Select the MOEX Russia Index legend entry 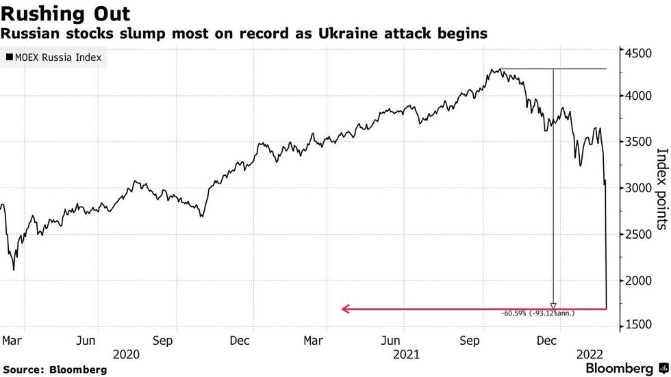coord(53,57)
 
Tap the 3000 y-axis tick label coord(637,188)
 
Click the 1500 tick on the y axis coord(637,327)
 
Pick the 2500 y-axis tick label coord(637,235)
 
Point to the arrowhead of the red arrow coord(344,309)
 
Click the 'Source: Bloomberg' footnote coord(54,369)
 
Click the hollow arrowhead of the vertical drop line coord(553,306)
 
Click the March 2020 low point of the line coord(14,270)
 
